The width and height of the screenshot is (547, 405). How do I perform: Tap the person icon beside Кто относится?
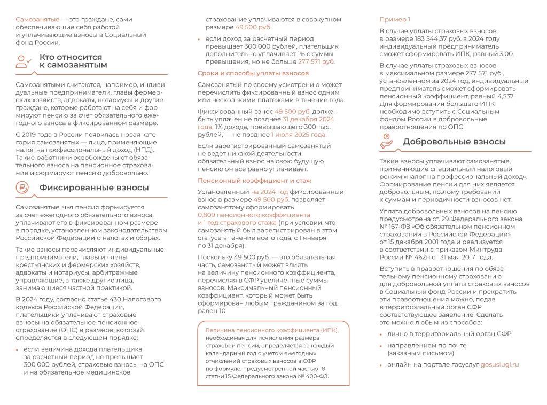pos(24,61)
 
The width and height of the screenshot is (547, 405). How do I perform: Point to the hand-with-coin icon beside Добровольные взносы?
pos(387,142)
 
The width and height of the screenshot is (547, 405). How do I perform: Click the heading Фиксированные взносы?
pos(94,188)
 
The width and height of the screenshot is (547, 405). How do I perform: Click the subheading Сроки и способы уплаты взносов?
pos(253,73)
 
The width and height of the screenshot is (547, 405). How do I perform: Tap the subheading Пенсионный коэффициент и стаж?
pos(254,181)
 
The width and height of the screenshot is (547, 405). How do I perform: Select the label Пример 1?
pos(395,20)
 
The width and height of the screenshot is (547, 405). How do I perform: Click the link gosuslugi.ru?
pos(499,364)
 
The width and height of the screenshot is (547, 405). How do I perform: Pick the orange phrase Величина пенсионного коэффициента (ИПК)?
pos(272,330)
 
